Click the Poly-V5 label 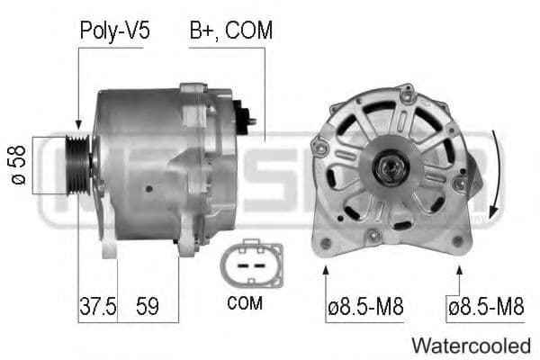[114, 31]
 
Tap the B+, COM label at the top [230, 31]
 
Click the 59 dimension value [147, 306]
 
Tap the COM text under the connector [245, 304]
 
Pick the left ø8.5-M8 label [364, 307]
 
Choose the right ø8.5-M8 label [486, 307]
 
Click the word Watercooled [471, 345]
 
